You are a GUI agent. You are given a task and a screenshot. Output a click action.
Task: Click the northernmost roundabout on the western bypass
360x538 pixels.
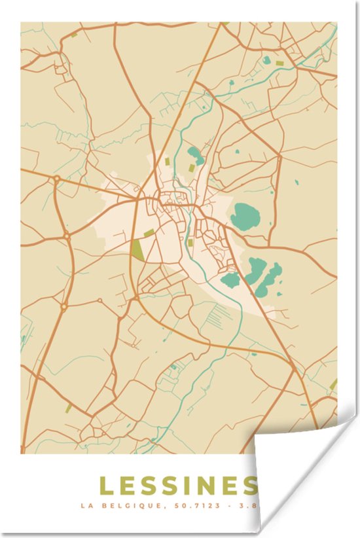[x=57, y=178]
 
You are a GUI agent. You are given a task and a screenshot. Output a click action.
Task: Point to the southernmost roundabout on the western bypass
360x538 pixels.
[x=64, y=306]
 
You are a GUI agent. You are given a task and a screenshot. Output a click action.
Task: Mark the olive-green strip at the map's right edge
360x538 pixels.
[x=334, y=384]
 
